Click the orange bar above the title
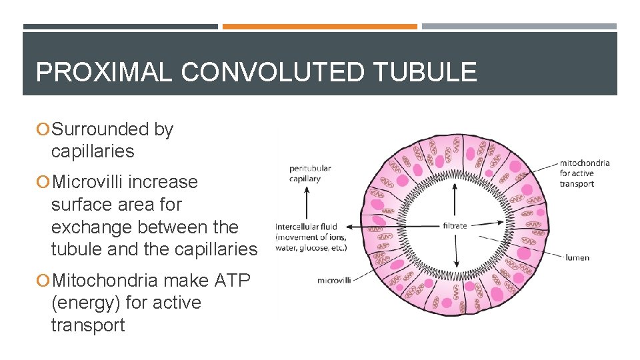click(x=319, y=27)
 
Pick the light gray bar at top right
click(x=519, y=27)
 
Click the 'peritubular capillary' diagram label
click(x=309, y=173)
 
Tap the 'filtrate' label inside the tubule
click(x=455, y=226)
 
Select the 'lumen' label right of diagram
click(x=577, y=257)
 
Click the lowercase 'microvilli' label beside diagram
click(x=334, y=280)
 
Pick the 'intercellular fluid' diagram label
click(x=307, y=227)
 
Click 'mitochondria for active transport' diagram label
click(x=584, y=173)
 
